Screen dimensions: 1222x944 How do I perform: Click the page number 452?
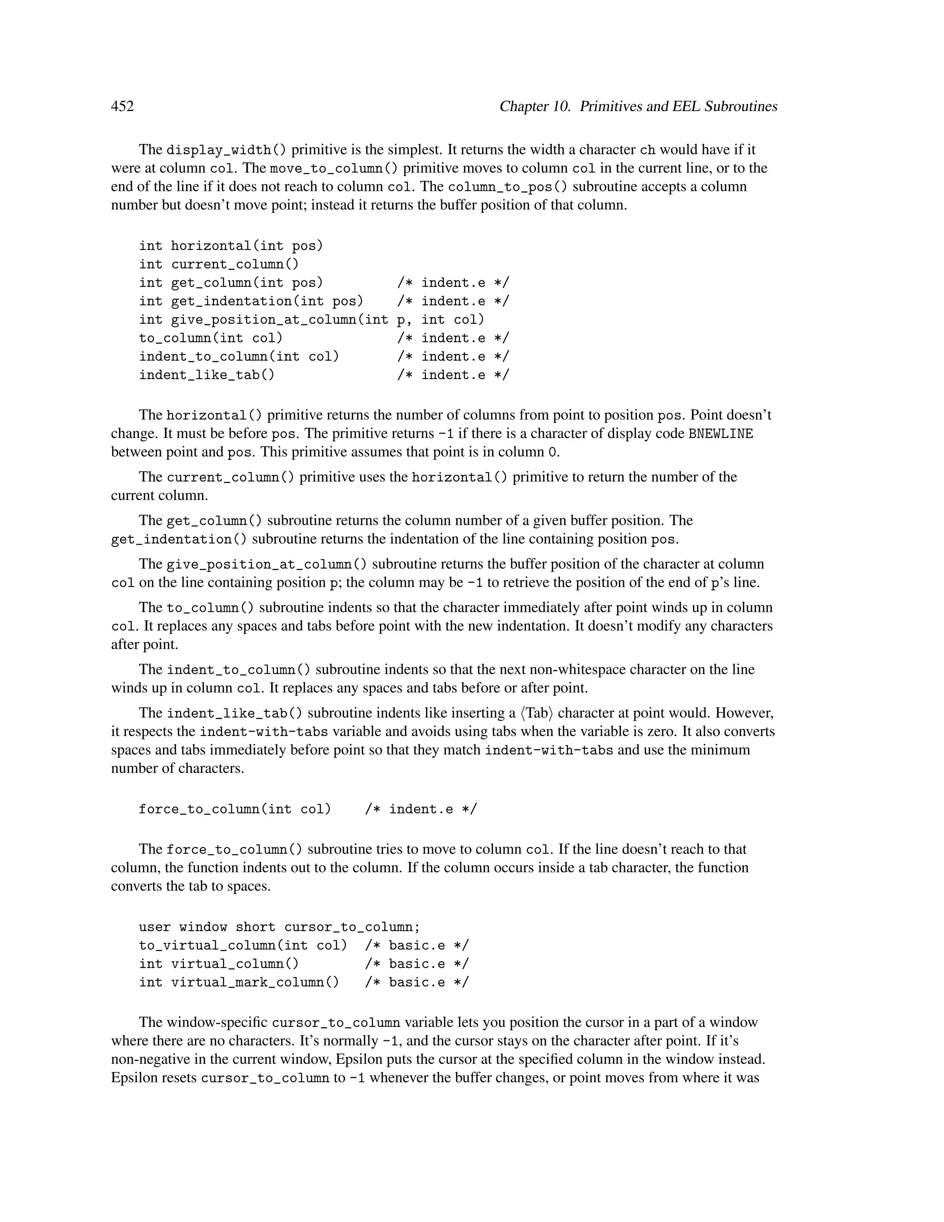tap(123, 107)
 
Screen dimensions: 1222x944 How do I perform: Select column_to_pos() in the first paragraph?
tap(508, 187)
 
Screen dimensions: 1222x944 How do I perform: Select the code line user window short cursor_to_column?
tap(279, 927)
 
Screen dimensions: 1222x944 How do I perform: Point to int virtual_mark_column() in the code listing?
tap(239, 983)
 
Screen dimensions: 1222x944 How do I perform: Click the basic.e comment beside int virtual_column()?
tap(417, 964)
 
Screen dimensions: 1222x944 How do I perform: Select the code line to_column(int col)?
tap(211, 338)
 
